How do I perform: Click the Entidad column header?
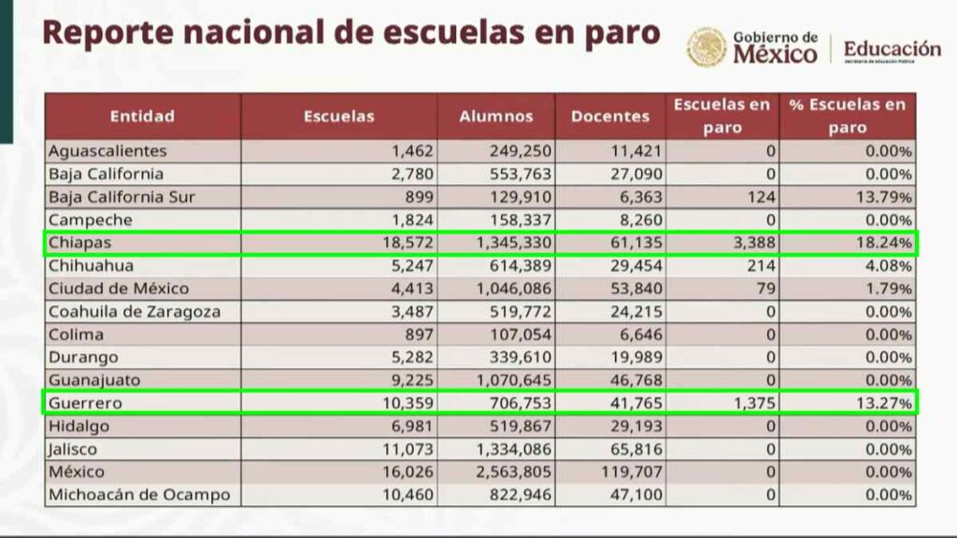[142, 117]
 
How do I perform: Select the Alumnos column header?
[496, 117]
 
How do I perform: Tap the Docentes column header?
[610, 117]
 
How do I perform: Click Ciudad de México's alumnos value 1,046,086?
[510, 289]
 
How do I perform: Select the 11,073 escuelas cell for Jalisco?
[401, 449]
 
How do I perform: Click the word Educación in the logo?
[892, 49]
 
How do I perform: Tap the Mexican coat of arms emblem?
[706, 48]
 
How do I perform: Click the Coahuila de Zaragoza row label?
[135, 312]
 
